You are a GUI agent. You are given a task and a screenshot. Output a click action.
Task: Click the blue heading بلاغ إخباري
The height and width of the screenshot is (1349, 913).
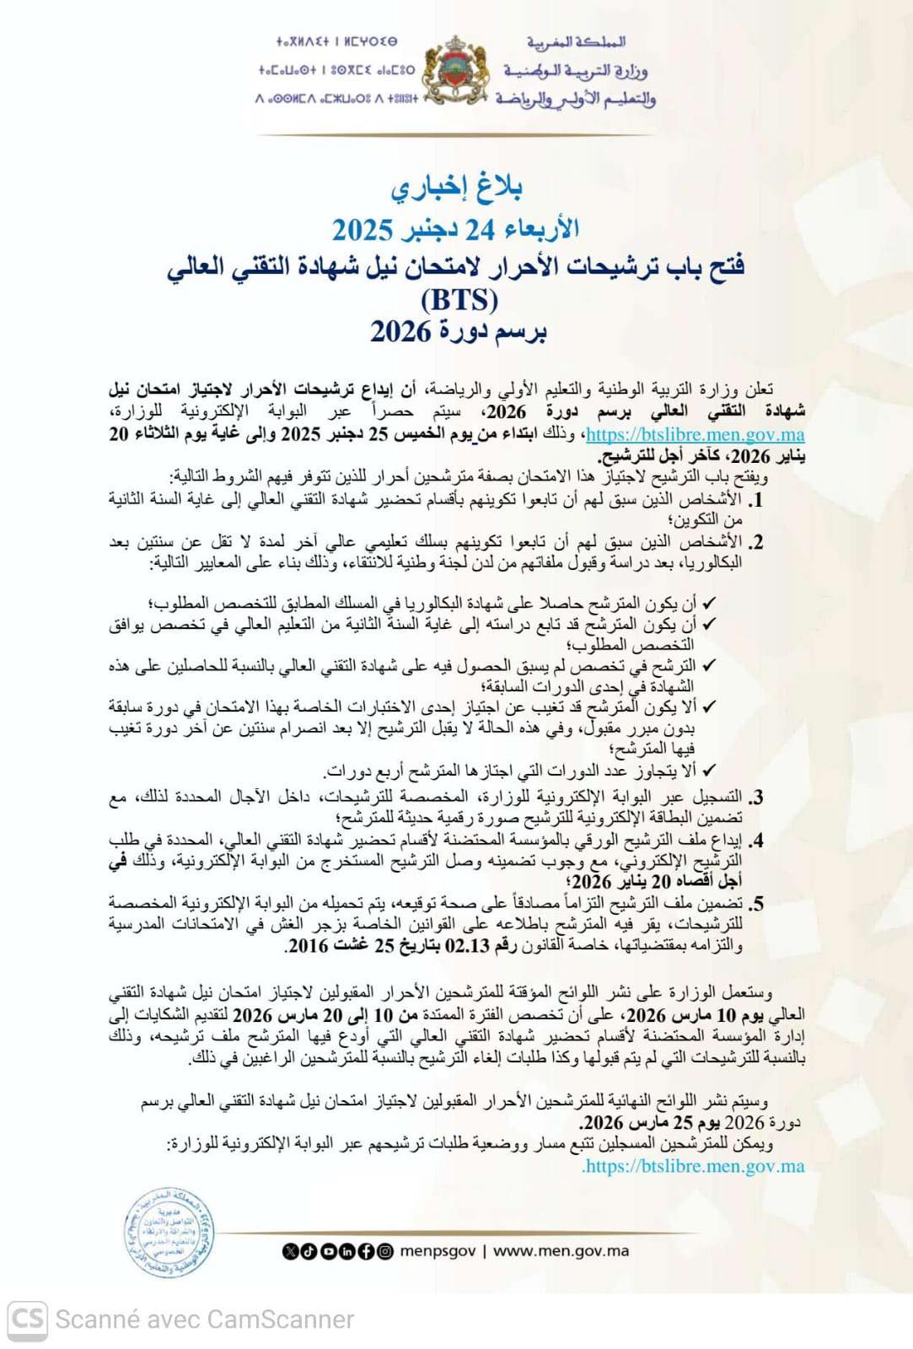pos(456,188)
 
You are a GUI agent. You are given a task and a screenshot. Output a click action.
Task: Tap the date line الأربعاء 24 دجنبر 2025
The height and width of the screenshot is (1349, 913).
pos(455,228)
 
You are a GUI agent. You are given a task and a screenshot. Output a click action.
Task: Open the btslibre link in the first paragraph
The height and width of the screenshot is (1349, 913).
pos(695,435)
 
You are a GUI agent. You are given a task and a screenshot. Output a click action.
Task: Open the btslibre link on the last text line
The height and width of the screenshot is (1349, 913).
pos(694,1166)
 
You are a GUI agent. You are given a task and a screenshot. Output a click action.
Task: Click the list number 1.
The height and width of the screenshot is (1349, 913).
pos(755,500)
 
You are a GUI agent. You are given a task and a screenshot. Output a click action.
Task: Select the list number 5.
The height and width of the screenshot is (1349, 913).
pos(755,905)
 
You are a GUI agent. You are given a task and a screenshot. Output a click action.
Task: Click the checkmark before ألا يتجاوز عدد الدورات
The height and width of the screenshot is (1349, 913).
pos(709,770)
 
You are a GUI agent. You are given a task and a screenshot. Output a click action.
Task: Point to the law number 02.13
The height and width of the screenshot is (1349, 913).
pos(469,946)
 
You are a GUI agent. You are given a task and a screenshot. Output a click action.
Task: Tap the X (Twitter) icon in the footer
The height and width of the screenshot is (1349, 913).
pos(289,1252)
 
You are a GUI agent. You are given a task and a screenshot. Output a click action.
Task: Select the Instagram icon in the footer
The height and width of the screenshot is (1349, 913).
pos(385,1252)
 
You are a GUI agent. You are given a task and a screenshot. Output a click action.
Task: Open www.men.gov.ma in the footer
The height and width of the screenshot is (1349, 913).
pos(561,1251)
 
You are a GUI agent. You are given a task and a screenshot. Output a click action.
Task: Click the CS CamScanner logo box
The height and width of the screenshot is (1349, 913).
pos(28,1319)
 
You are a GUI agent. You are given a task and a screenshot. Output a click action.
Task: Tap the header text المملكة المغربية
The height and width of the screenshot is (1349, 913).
pos(576,41)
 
